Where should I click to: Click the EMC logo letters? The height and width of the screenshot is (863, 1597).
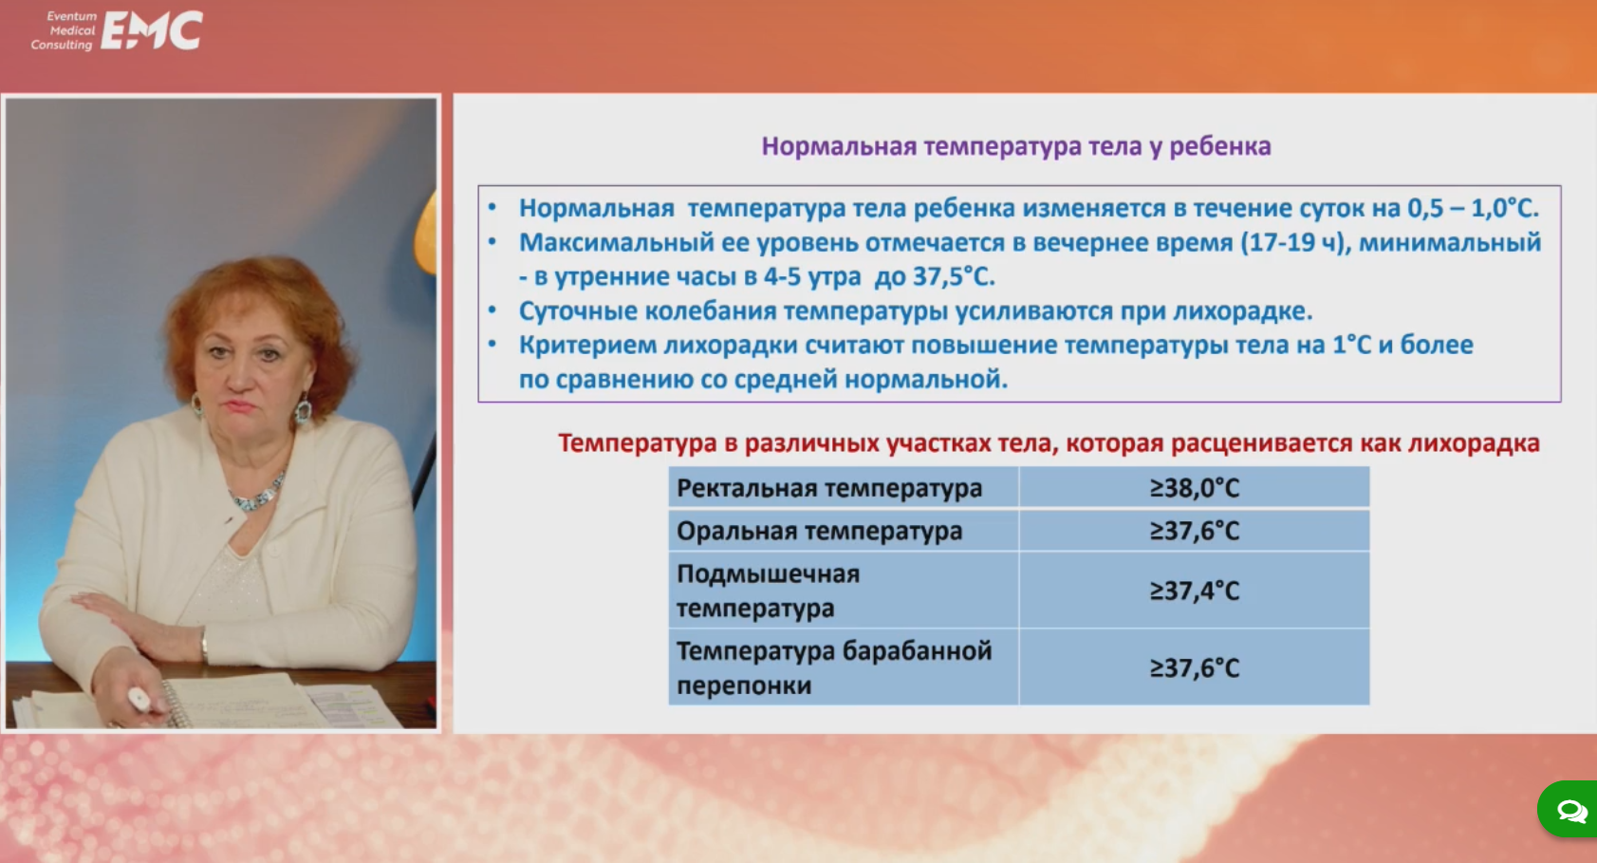click(152, 31)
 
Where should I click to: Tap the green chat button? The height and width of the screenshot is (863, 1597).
click(1568, 809)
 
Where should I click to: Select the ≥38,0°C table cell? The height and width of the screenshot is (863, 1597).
click(1194, 487)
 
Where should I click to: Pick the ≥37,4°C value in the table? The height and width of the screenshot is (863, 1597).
click(1194, 591)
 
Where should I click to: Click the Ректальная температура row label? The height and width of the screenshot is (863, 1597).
click(829, 489)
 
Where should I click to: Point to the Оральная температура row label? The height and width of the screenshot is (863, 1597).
click(819, 532)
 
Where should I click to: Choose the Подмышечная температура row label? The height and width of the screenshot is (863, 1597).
click(769, 591)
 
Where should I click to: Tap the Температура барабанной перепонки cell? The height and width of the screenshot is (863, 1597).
click(844, 667)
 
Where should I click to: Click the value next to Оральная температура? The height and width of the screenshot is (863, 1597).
click(1194, 531)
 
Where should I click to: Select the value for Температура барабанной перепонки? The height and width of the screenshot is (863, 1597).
click(1194, 667)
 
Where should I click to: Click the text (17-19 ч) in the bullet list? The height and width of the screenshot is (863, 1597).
click(1296, 242)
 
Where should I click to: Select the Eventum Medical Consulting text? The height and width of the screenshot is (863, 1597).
click(64, 30)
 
